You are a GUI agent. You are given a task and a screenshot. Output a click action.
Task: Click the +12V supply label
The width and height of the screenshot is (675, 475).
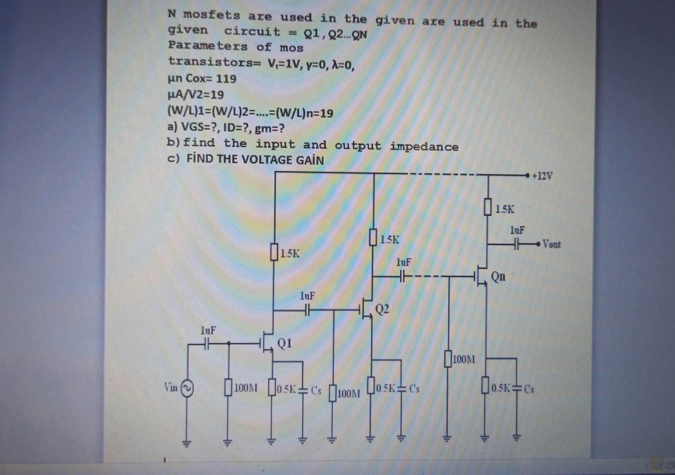pos(542,176)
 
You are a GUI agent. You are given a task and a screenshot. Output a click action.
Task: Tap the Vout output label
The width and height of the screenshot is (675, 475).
pos(552,244)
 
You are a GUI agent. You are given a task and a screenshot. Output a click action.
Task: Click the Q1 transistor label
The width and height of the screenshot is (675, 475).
pos(284,343)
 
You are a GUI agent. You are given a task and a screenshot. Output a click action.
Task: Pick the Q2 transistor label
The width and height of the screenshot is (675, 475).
pos(382,309)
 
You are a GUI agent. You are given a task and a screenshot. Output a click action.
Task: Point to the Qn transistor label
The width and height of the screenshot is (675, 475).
pos(498,277)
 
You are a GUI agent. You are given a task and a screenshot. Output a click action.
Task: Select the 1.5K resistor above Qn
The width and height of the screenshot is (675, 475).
pos(487,208)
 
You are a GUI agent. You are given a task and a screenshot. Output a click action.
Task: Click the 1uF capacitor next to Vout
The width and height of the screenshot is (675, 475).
pos(517,243)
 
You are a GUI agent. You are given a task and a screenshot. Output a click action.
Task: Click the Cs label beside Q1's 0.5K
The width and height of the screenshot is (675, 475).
pos(316,389)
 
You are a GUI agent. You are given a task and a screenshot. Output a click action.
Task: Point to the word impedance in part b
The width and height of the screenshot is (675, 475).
pos(424,147)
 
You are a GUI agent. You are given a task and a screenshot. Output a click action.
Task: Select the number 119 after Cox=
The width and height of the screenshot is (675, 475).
pos(226,79)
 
